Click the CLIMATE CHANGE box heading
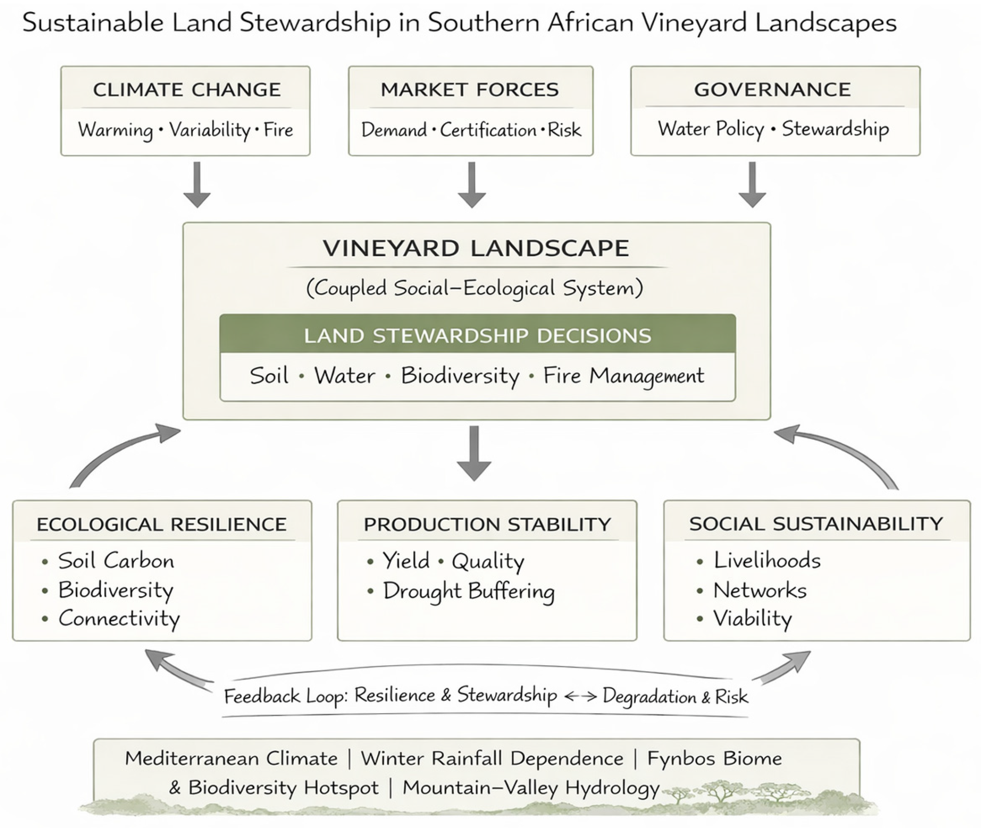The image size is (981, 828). (186, 90)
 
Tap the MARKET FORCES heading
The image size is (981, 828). (470, 90)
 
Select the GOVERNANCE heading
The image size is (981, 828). (773, 90)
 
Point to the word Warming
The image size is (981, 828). (115, 130)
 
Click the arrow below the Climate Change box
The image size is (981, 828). (197, 184)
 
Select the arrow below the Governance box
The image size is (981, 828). (752, 184)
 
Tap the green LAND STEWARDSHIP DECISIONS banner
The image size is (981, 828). (477, 335)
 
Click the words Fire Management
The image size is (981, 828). (623, 376)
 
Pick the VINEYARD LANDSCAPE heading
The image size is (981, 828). (475, 248)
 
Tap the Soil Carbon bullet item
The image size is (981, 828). (115, 561)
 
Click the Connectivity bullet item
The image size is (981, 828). (119, 619)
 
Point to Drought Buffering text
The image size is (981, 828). (468, 591)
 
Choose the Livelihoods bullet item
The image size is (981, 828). (767, 561)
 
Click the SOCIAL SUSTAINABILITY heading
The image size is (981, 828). (816, 524)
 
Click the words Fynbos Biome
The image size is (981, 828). (714, 758)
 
